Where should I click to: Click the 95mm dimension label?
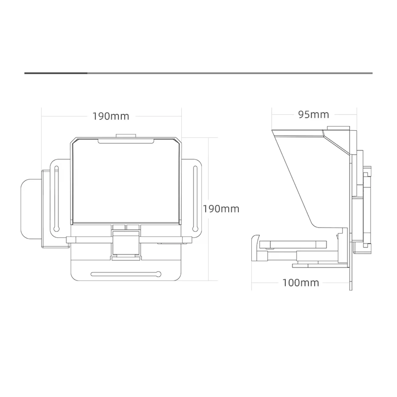313,115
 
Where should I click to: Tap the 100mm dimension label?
301,283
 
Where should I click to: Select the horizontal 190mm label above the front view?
111,116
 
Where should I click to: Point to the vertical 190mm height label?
221,209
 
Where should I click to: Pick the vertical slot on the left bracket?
56,198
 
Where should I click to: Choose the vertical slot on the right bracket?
195,198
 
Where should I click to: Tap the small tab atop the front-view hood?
126,136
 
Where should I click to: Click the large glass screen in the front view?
126,181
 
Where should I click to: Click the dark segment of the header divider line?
56,73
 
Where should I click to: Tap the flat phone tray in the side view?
293,244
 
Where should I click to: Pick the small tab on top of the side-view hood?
339,128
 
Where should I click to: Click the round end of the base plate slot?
158,274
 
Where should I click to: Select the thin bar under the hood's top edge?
126,142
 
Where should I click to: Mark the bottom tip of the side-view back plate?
351,290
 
